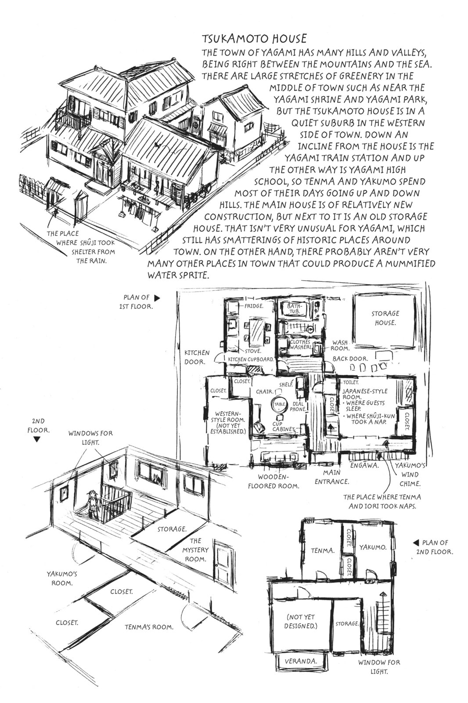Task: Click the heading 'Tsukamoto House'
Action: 254,39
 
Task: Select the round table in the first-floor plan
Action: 279,405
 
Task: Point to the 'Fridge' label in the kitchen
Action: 254,306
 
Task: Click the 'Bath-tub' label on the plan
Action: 295,308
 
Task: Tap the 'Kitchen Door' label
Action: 197,357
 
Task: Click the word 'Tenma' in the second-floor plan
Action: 323,551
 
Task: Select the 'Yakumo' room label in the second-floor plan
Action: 373,547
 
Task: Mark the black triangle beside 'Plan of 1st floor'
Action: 157,298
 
